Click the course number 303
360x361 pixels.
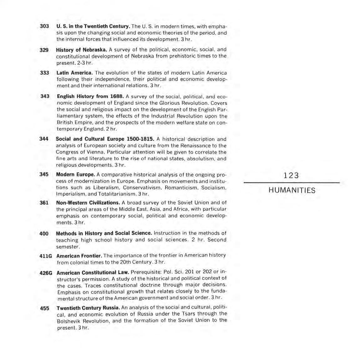click(x=44, y=26)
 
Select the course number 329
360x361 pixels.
click(x=44, y=50)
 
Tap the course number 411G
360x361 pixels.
click(x=46, y=256)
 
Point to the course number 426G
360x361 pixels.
click(x=46, y=273)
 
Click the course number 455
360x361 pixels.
click(x=45, y=308)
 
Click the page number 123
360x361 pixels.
click(x=291, y=176)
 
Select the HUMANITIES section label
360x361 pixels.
click(x=292, y=190)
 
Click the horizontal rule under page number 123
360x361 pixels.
click(x=292, y=183)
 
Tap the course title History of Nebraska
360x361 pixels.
click(x=81, y=50)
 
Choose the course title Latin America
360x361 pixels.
click(x=74, y=73)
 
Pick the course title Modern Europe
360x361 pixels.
click(x=75, y=174)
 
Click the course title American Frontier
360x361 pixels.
click(x=79, y=256)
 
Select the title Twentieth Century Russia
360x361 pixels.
click(x=88, y=308)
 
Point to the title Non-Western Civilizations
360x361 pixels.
click(x=88, y=203)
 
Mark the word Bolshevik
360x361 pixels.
click(x=68, y=321)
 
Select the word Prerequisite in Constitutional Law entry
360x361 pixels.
click(x=145, y=272)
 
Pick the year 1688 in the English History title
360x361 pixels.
click(x=117, y=96)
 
